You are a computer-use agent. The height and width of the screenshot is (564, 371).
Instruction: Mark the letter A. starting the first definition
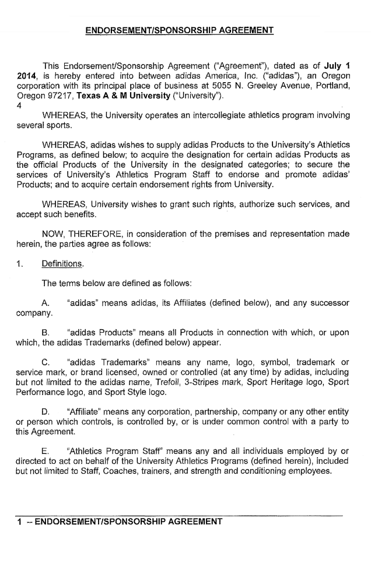(x=45, y=304)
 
